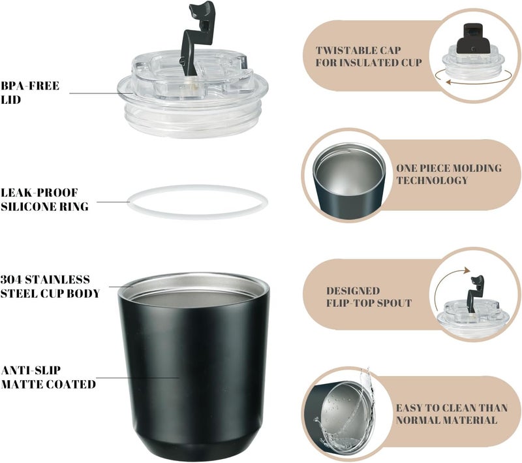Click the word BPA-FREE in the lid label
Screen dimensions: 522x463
(x=30, y=86)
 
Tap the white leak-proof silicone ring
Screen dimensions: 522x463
(x=197, y=189)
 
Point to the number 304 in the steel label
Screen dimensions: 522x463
(x=12, y=279)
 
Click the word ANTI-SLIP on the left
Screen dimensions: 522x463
(x=31, y=370)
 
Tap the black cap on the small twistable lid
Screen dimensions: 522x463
(x=473, y=39)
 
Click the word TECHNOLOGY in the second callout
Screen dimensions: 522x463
(x=432, y=180)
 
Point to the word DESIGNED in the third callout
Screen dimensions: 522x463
(x=353, y=291)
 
